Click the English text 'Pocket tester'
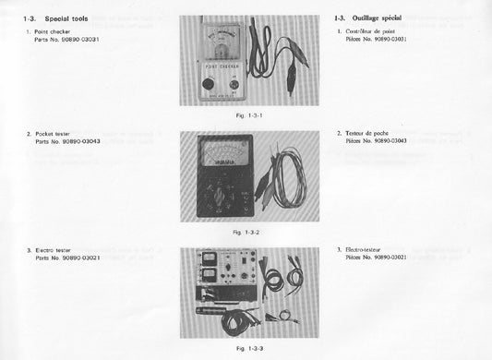click(56, 134)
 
